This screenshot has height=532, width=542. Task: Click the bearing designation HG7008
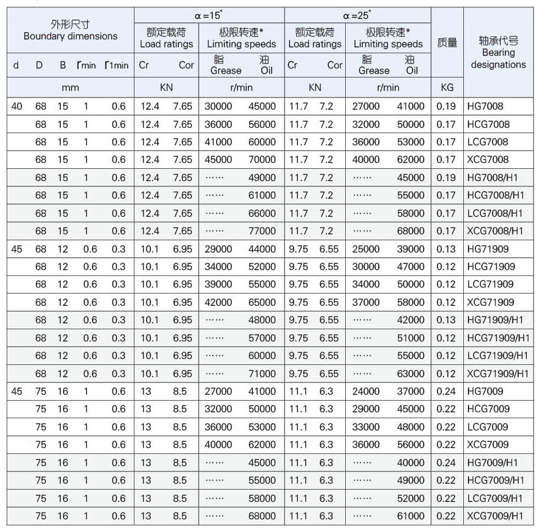485,107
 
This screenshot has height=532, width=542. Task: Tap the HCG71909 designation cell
491,267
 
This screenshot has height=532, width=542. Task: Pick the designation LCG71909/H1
498,356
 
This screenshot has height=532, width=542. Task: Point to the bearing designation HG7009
485,392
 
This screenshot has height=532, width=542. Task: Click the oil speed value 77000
262,231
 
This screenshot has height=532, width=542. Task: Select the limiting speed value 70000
262,160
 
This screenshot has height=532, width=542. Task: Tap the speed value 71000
262,373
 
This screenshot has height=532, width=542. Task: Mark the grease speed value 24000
366,392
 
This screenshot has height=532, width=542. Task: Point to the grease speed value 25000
366,249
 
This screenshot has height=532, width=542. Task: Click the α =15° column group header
209,16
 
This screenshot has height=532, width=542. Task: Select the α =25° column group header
357,16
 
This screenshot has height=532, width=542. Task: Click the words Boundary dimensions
70,36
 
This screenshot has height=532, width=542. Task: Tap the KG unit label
447,87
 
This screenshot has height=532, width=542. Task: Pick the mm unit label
70,87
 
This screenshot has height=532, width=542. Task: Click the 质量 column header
447,43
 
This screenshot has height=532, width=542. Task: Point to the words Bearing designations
498,59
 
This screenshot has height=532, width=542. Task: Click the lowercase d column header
16,65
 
